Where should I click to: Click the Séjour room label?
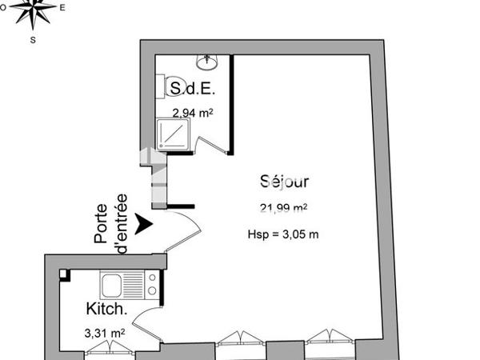point(284,182)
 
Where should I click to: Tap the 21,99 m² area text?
point(284,209)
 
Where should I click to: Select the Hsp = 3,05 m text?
point(284,234)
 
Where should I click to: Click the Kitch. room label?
point(104,308)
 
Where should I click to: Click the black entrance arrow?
point(143,224)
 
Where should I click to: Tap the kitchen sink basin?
point(110,284)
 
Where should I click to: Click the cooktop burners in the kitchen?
point(149,284)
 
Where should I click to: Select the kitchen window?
point(112,346)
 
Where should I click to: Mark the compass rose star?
point(33,10)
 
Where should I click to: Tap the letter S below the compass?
point(33,38)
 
